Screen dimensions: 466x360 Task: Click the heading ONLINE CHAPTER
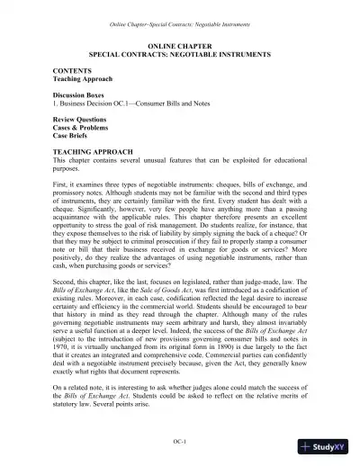[x=179, y=45]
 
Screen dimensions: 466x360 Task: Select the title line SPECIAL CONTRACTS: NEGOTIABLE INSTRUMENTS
[x=179, y=55]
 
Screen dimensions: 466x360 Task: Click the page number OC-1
[x=179, y=441]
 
